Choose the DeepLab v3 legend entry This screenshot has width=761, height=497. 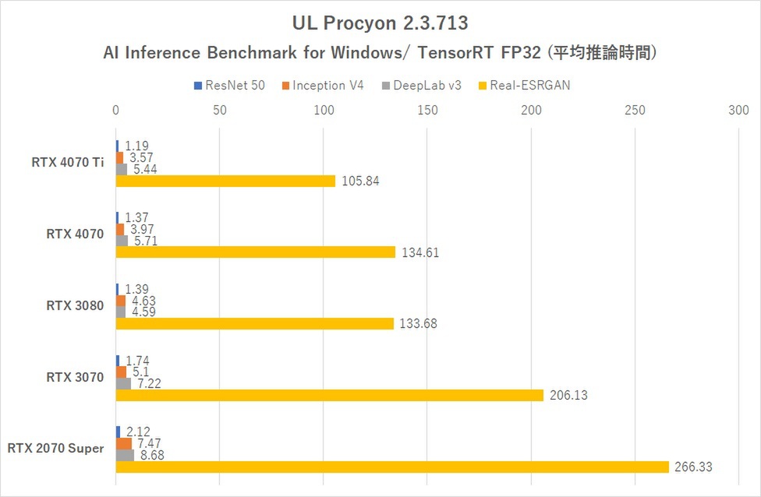point(421,85)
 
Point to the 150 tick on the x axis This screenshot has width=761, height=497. point(427,111)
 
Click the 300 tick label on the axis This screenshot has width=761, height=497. point(738,111)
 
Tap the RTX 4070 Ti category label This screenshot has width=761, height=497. point(68,163)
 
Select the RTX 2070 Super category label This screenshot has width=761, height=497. point(55,448)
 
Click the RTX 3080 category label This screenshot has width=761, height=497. point(75,305)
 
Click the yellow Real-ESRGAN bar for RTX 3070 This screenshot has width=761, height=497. point(329,395)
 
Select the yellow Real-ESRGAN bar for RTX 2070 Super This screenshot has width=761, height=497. point(392,467)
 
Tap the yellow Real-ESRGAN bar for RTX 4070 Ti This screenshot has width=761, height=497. point(225,181)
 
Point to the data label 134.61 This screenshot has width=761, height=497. point(419,252)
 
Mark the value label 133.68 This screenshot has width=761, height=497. point(418,324)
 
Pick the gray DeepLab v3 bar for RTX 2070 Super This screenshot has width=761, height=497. point(125,455)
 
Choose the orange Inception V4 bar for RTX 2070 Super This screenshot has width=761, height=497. point(123,443)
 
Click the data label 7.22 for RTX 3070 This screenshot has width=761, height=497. point(148,384)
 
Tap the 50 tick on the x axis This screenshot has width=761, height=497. point(219,111)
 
